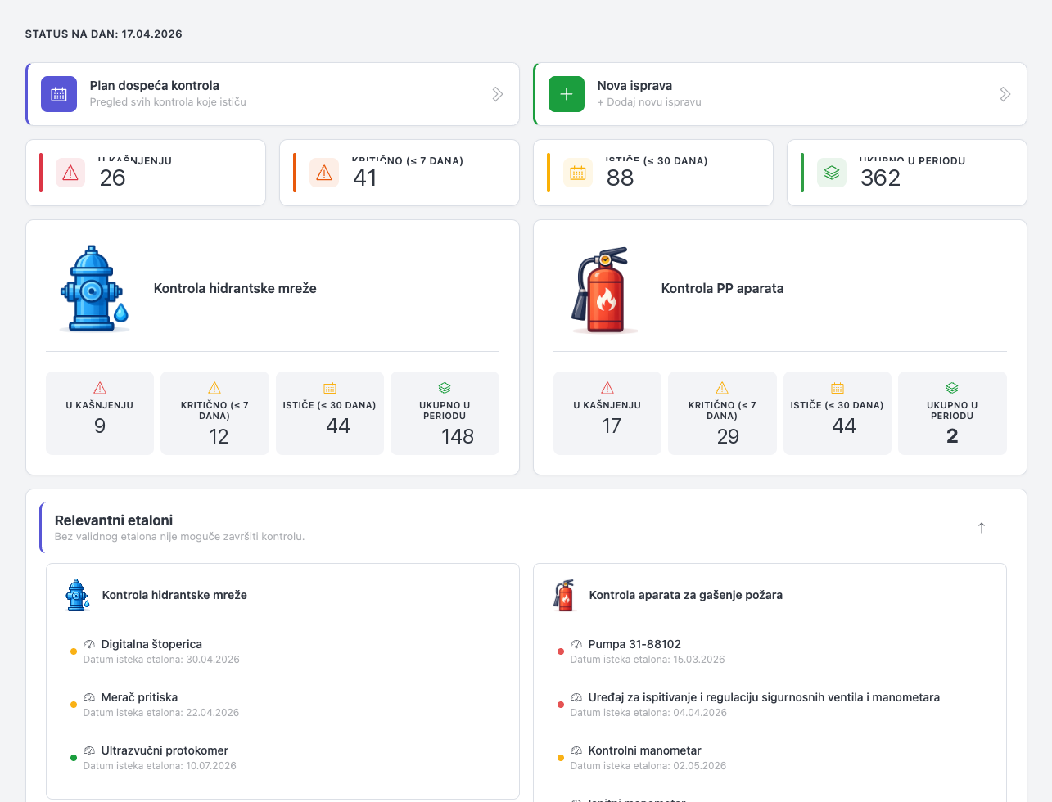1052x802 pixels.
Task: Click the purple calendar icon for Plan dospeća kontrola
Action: [59, 94]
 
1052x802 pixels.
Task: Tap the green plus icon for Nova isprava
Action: [567, 94]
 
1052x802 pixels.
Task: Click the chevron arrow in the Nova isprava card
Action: [1005, 94]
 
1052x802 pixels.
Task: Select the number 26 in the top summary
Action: [112, 178]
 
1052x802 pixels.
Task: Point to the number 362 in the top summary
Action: [880, 178]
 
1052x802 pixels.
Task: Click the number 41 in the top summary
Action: [365, 178]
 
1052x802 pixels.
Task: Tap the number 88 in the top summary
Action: [620, 178]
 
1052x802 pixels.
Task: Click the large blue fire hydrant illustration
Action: [94, 289]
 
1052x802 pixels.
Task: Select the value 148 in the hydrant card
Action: [457, 436]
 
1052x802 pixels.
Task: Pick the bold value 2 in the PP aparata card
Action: [951, 436]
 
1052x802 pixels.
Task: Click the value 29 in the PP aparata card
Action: [728, 436]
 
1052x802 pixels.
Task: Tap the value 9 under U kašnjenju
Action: [100, 426]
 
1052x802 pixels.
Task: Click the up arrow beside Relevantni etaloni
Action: [981, 528]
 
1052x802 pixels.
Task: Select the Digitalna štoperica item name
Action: [151, 644]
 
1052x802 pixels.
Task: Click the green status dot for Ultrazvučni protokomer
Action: [74, 758]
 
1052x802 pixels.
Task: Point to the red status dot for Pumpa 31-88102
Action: [561, 651]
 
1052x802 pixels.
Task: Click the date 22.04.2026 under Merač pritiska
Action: [212, 713]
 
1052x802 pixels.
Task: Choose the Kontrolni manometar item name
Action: [644, 750]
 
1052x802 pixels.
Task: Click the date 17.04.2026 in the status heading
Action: [151, 34]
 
